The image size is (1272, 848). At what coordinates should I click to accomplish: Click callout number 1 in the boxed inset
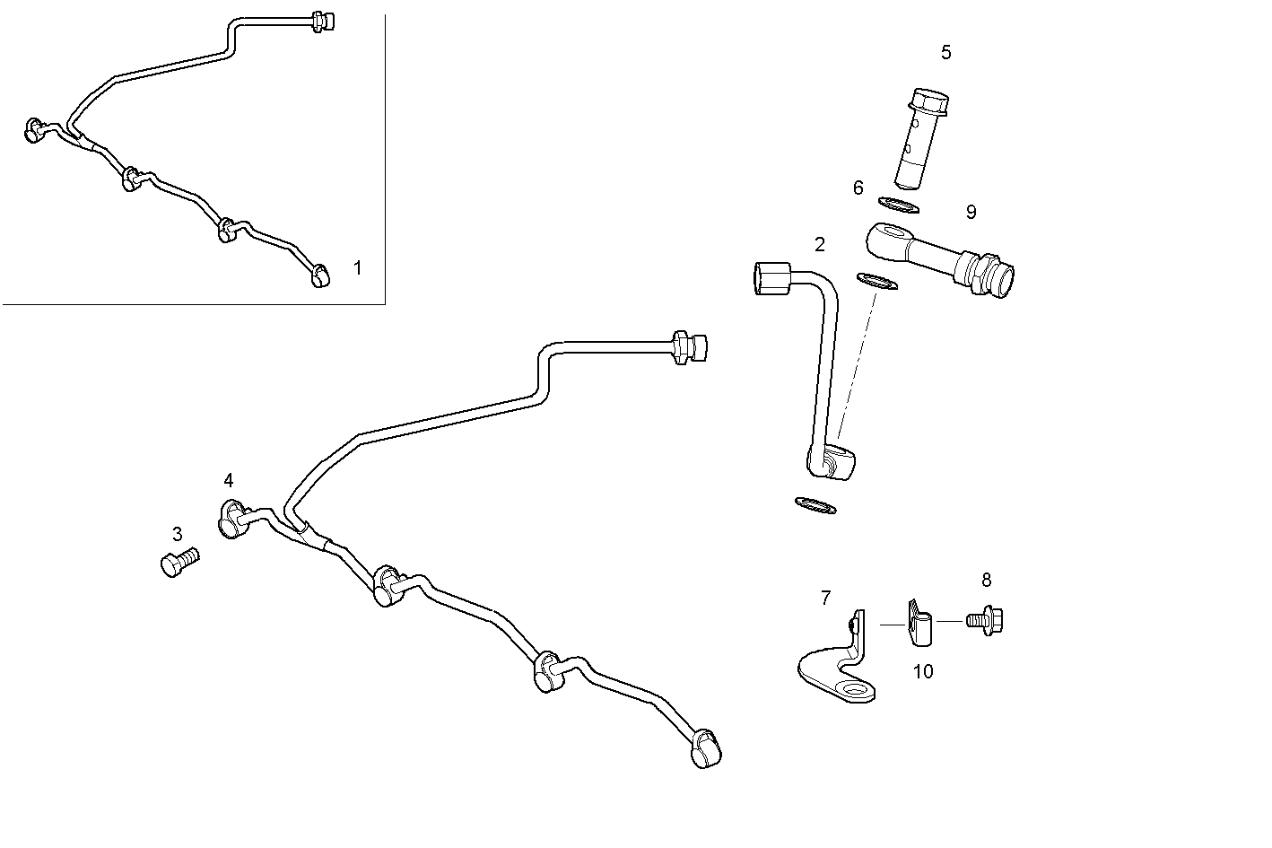(x=358, y=267)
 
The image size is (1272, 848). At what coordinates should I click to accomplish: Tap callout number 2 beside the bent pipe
(x=820, y=244)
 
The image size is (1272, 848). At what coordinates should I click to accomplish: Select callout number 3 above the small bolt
(x=177, y=534)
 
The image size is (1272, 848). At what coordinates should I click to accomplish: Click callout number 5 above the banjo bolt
(x=945, y=52)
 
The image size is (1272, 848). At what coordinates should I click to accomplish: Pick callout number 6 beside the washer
(x=858, y=188)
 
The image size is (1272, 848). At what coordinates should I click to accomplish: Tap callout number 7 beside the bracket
(x=825, y=597)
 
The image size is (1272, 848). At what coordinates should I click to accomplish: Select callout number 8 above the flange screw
(x=987, y=580)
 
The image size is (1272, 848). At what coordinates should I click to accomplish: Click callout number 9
(x=971, y=212)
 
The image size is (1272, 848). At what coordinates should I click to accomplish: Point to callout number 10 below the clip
(x=923, y=671)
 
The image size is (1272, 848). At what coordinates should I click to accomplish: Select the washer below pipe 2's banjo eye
(x=815, y=505)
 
